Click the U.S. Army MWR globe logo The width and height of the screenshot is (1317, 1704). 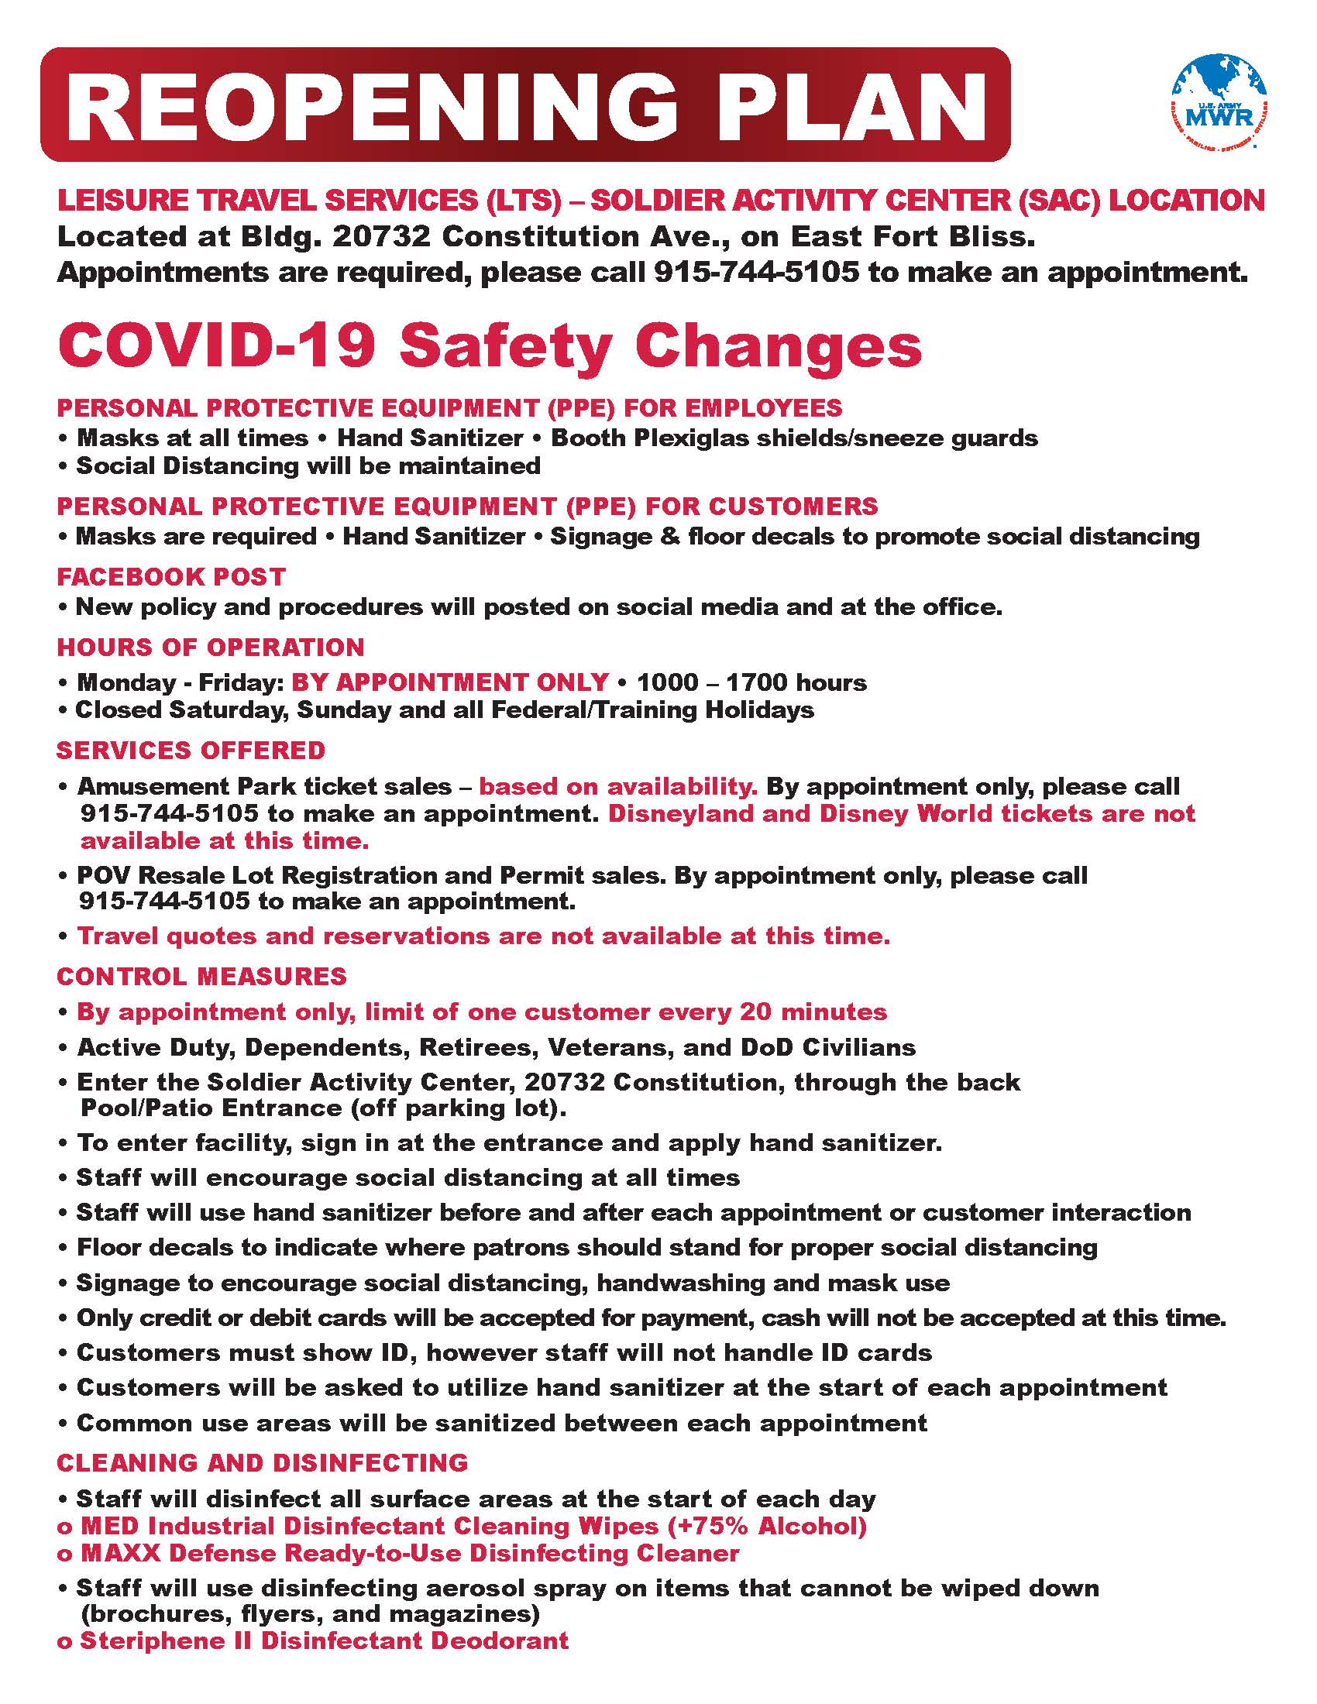[1219, 101]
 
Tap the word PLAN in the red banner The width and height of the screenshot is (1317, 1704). [832, 106]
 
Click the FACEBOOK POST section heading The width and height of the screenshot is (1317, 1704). [171, 576]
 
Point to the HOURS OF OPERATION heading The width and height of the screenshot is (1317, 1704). [211, 647]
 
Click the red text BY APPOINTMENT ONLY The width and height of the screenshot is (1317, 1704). [449, 682]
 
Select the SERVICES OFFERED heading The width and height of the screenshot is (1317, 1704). [191, 750]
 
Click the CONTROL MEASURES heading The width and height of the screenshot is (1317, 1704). [202, 976]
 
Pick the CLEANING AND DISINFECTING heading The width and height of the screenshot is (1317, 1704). [262, 1462]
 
